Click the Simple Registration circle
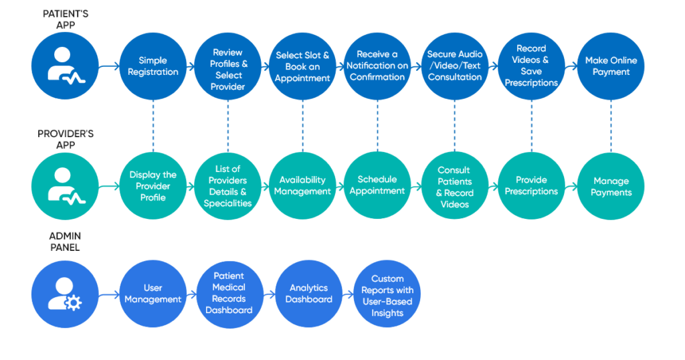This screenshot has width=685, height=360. [153, 66]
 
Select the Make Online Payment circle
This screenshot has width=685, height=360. [611, 66]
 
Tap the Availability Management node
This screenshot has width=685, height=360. [304, 185]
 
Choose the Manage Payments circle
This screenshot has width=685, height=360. [611, 186]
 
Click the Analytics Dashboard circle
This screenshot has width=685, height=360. [308, 294]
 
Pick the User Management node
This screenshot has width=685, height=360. [153, 294]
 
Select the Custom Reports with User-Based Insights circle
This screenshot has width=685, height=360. [387, 295]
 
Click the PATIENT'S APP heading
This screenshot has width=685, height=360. [65, 19]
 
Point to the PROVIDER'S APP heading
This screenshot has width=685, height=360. [65, 139]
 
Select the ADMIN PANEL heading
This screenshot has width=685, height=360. [65, 242]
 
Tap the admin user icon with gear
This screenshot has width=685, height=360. [65, 294]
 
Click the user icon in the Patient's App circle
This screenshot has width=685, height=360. [65, 66]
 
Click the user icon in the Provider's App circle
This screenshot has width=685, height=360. [65, 185]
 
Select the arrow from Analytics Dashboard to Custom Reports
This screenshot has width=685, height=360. [347, 294]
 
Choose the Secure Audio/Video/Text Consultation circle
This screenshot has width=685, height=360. [455, 66]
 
